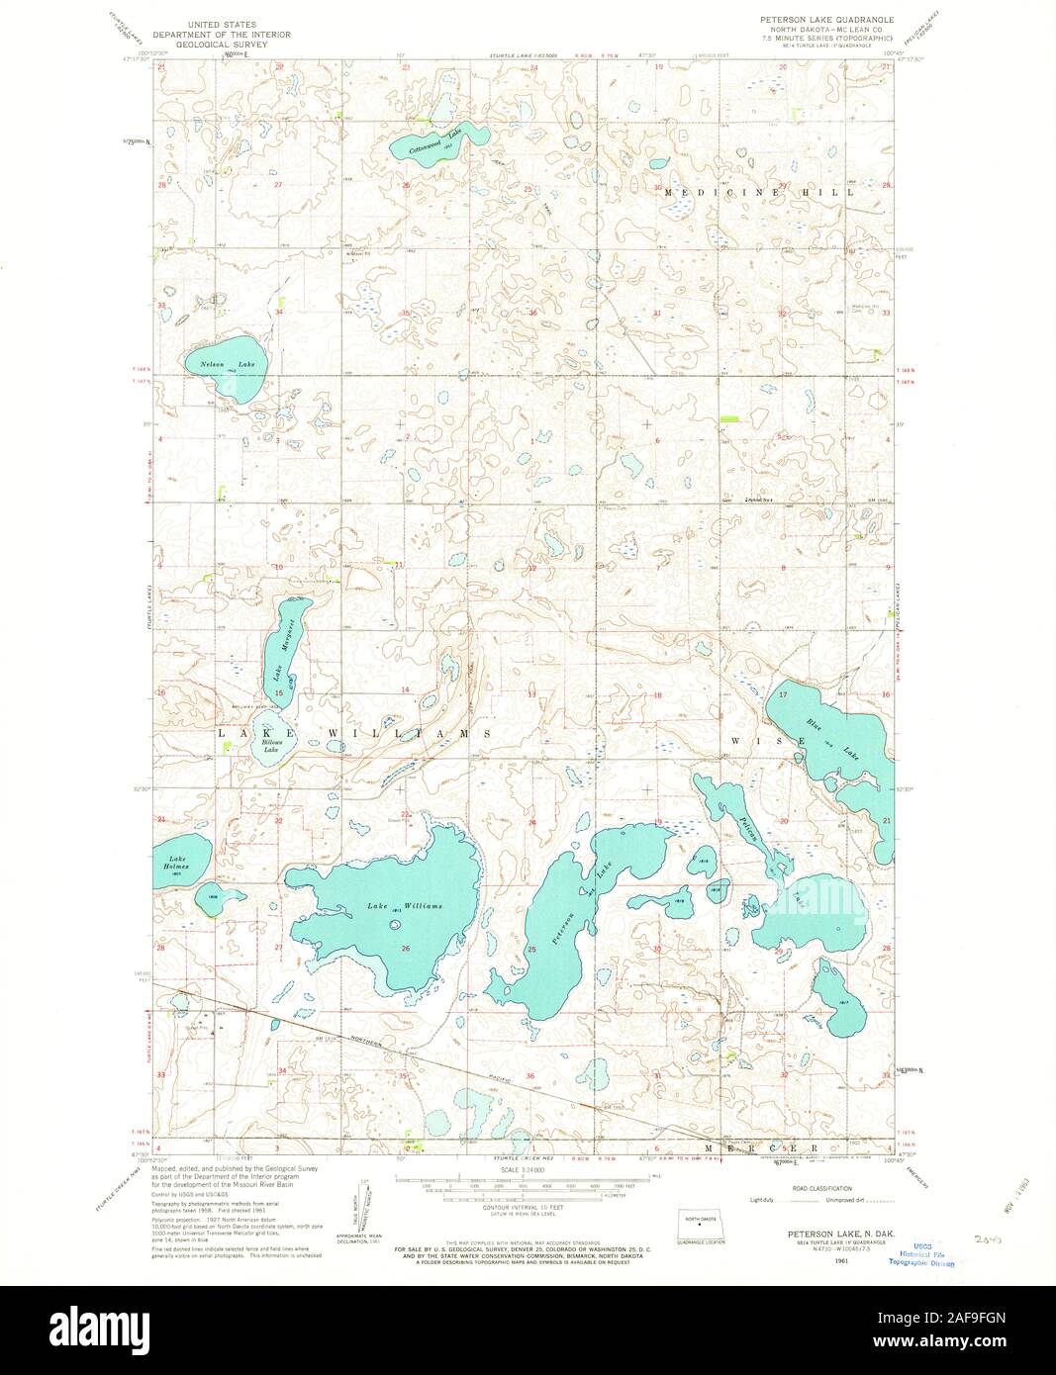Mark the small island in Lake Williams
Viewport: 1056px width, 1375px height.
point(396,926)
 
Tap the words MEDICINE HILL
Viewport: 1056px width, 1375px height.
point(758,192)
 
